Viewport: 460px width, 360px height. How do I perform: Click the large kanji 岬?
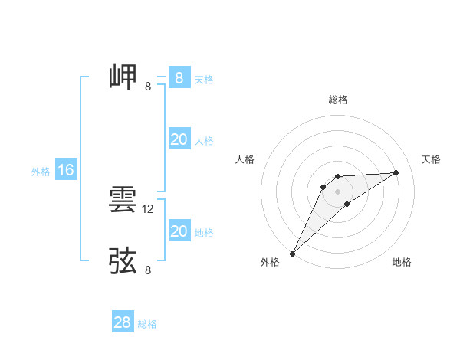(x=123, y=77)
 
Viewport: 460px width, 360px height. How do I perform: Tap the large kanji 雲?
(x=123, y=201)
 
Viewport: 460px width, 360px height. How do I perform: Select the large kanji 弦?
(x=123, y=260)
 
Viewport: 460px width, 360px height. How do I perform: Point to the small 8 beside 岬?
(x=148, y=87)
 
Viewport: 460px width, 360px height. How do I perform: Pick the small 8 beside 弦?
(x=148, y=270)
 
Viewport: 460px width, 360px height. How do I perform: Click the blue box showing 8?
(x=179, y=78)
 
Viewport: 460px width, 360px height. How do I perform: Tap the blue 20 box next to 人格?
(x=179, y=139)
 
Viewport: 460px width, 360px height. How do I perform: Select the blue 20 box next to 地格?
(x=179, y=231)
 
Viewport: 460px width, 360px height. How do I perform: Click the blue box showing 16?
(x=66, y=170)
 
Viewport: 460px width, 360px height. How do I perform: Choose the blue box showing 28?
(x=122, y=322)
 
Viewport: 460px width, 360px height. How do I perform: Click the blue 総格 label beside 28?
(x=147, y=324)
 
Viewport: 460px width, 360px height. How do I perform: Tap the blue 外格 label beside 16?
(x=41, y=172)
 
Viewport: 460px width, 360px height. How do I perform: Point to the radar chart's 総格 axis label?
(x=337, y=100)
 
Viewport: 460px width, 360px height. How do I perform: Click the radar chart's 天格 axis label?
(x=431, y=159)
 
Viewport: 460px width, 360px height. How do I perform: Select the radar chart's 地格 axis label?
(x=402, y=262)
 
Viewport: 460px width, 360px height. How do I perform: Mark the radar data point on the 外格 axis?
(x=292, y=254)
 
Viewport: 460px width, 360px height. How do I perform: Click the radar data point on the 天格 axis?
(x=396, y=172)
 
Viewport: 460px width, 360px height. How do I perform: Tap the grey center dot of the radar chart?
(x=337, y=191)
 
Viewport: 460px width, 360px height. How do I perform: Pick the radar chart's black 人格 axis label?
(x=245, y=159)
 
